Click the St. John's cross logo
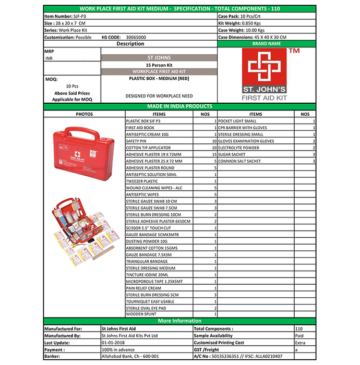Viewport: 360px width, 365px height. coord(267,68)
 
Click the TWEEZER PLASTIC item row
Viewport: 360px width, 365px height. coord(142,181)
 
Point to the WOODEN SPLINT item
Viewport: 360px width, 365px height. coord(141,314)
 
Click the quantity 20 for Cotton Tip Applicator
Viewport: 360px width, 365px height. coord(213,148)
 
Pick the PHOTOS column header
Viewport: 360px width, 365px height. coord(84,114)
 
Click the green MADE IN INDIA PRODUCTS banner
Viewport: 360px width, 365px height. coord(179,106)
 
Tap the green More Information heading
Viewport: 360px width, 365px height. coord(179,321)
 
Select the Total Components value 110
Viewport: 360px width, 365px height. coord(299,329)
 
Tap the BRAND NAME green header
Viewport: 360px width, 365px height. coord(266,44)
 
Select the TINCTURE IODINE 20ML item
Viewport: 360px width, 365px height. coord(147,274)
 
